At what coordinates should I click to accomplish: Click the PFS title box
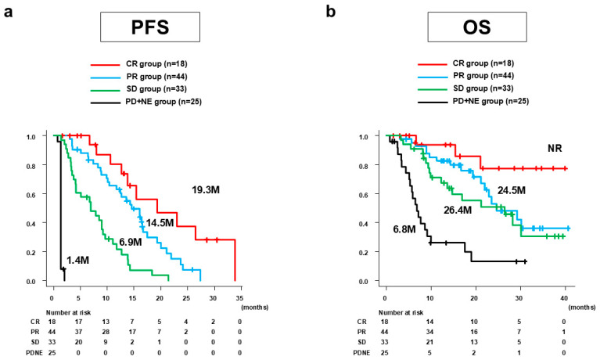(150, 27)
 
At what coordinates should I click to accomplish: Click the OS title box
(476, 27)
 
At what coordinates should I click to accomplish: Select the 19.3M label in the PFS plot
(206, 190)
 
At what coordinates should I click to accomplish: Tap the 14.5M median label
(160, 222)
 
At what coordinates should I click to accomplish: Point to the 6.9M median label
(130, 242)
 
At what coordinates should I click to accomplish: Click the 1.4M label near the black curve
(77, 261)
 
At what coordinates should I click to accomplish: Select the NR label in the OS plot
(555, 148)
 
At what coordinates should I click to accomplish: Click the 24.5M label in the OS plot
(512, 190)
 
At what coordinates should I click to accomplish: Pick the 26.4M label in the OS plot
(458, 211)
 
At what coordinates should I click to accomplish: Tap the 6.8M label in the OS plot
(404, 229)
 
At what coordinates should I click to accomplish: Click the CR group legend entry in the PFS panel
(139, 64)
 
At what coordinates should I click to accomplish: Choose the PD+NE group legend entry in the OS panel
(473, 102)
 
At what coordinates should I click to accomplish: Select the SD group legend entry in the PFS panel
(139, 89)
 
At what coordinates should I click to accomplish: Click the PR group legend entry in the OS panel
(466, 76)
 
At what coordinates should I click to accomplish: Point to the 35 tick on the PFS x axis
(239, 298)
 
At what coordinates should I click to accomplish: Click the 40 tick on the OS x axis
(566, 298)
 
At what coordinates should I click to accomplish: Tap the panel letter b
(331, 12)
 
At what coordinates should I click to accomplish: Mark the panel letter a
(8, 13)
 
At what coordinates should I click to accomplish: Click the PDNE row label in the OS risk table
(361, 352)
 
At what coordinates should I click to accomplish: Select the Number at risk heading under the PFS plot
(69, 312)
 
